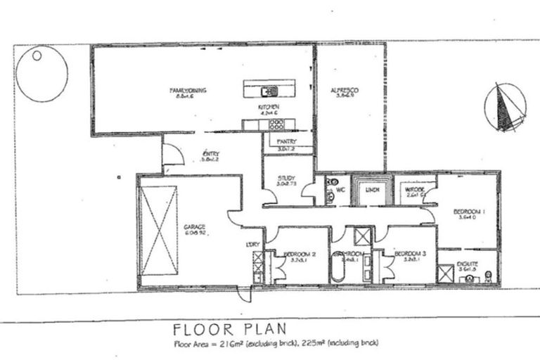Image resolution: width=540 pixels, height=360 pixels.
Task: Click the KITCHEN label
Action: (x=269, y=108)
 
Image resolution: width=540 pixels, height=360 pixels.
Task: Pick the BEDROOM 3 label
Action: (x=409, y=254)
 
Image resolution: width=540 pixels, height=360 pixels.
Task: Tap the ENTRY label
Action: (x=210, y=155)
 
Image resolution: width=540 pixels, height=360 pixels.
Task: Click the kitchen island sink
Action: (x=269, y=90)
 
